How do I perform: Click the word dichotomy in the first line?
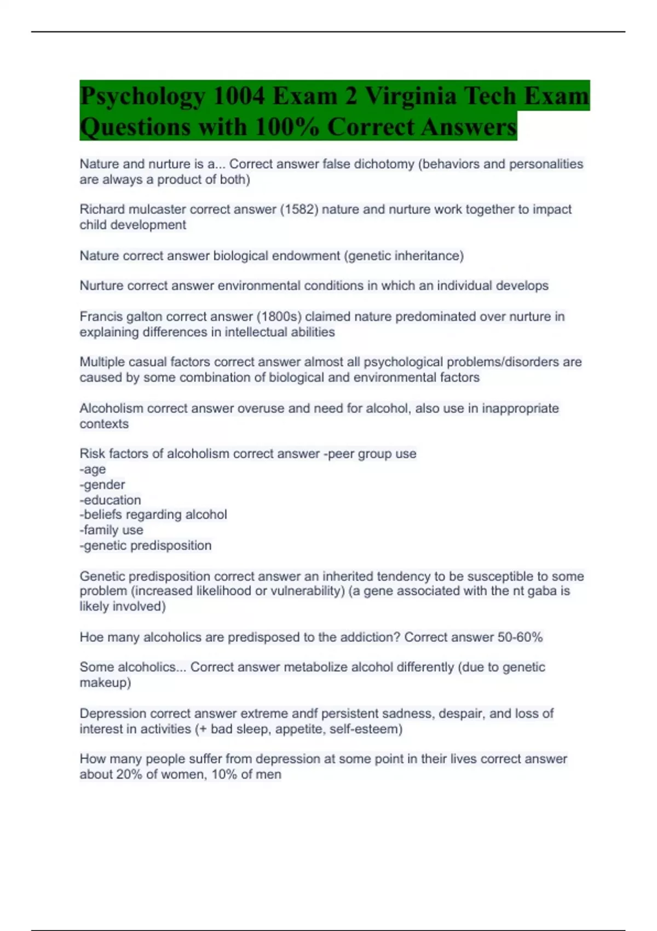(x=384, y=164)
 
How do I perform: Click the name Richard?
(x=102, y=209)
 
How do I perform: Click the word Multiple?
(x=101, y=362)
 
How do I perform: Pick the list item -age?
(x=93, y=469)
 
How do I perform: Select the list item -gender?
(x=102, y=485)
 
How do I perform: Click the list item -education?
(x=110, y=500)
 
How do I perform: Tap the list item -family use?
(x=111, y=530)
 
